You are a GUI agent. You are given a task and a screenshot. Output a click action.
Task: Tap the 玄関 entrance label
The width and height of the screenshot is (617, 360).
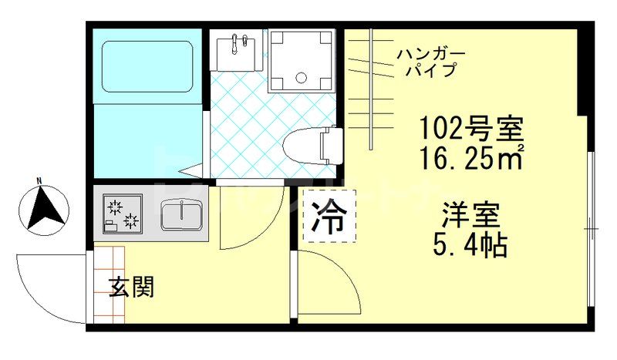coord(131,287)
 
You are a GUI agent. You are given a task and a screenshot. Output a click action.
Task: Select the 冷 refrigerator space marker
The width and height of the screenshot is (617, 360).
coord(329,215)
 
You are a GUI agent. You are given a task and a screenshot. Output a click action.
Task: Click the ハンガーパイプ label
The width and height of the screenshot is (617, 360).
coord(430,62)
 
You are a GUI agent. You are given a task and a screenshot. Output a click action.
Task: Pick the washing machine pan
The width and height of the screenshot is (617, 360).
coord(302,61)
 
